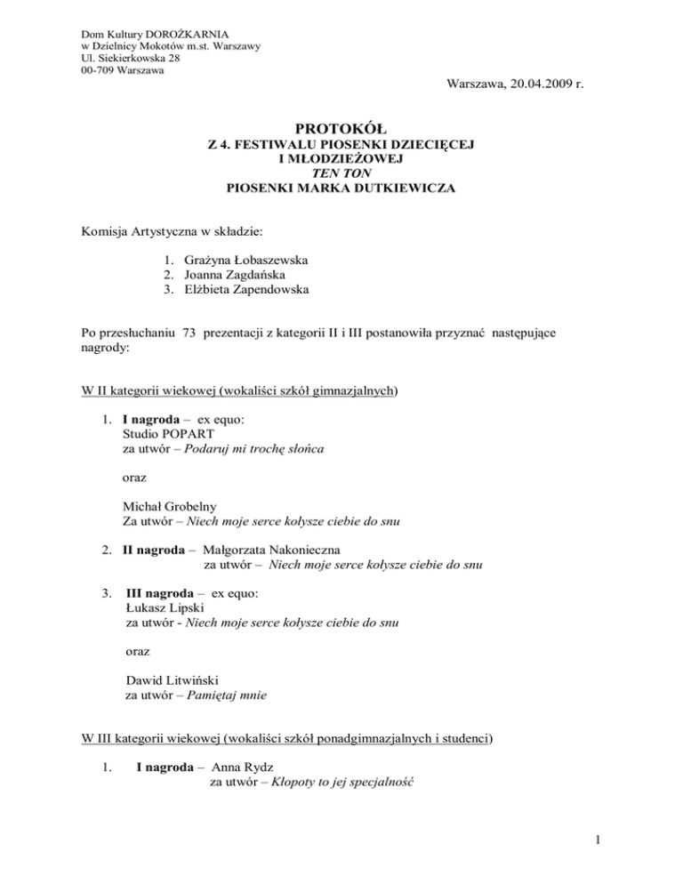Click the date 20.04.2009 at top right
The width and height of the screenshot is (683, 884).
tap(541, 85)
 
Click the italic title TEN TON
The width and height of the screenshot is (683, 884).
tap(341, 176)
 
